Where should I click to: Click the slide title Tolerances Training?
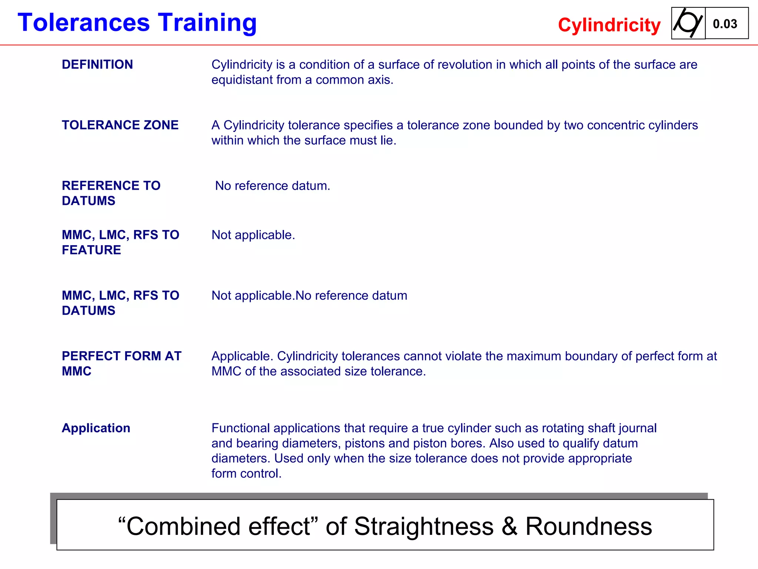[137, 23]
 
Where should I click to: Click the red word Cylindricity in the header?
[609, 25]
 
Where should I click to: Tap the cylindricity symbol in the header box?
[688, 23]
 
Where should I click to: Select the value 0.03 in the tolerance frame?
[725, 24]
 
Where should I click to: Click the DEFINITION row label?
[97, 64]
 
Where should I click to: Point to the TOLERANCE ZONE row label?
[120, 125]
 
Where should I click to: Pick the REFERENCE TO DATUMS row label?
[111, 193]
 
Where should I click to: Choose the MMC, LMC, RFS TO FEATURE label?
[120, 242]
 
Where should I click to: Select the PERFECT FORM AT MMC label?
[121, 363]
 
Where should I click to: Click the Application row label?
[96, 428]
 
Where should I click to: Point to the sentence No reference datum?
[273, 186]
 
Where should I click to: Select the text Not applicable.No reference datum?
[309, 296]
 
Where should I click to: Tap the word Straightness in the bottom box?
[424, 526]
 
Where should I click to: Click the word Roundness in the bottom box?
[588, 526]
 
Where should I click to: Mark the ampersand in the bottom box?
[509, 526]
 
